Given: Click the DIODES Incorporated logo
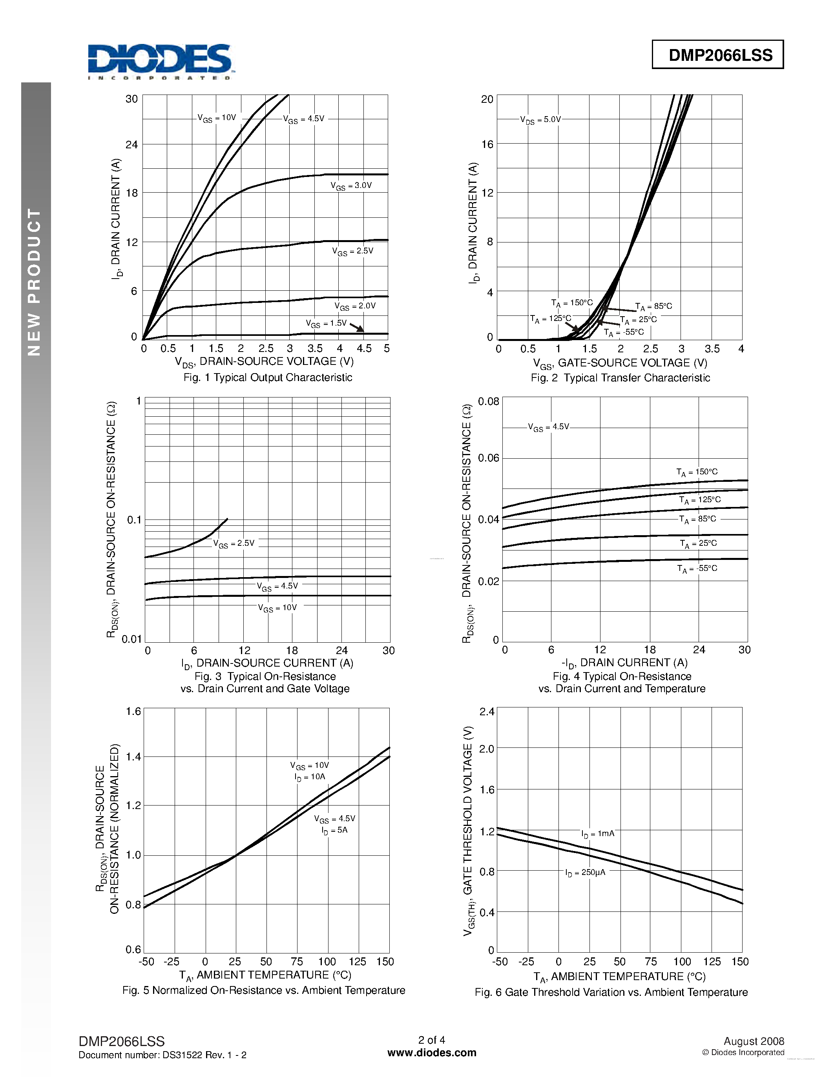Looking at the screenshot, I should [159, 61].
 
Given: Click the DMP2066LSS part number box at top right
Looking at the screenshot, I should [717, 55].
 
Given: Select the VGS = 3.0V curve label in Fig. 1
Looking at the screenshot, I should [351, 186].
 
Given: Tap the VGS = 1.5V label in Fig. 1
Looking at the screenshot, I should [326, 324].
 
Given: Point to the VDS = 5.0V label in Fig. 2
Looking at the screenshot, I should [540, 120].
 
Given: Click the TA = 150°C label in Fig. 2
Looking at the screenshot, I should [572, 303].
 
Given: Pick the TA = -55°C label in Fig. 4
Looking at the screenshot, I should [697, 569].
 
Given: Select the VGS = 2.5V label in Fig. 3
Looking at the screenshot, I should [234, 543].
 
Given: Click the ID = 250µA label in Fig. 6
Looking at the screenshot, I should [585, 873].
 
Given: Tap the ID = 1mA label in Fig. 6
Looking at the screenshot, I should [598, 834].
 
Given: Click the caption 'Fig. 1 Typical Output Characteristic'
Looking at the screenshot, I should [268, 377].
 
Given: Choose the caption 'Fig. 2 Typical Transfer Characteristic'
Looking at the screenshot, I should [620, 378].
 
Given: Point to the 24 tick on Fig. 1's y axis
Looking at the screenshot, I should [131, 145].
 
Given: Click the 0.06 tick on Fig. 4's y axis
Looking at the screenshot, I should [488, 458].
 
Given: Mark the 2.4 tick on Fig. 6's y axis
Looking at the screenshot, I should [487, 711].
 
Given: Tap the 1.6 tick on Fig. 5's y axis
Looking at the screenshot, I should [133, 711].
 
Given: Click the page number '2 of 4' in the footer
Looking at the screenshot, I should [431, 1040].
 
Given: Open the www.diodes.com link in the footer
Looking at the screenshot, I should [431, 1053].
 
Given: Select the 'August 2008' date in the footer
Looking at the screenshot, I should [754, 1041].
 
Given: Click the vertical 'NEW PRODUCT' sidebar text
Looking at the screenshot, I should [35, 282].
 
